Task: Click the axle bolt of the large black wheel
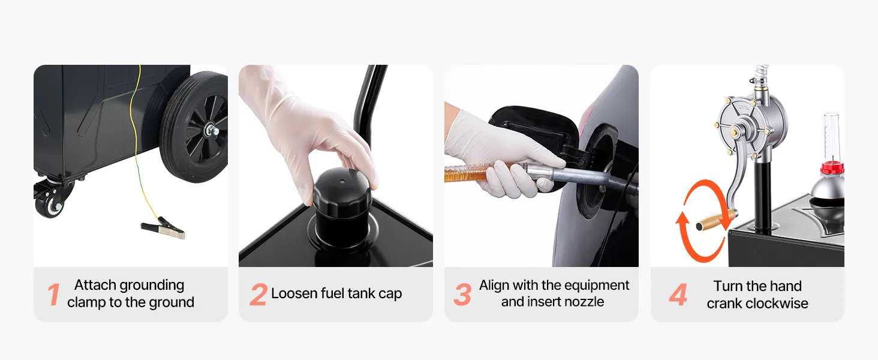click(x=212, y=130)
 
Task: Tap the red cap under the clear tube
click(x=832, y=169)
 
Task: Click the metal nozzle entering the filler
click(x=572, y=176)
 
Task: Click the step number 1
click(x=53, y=294)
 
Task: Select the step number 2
click(x=258, y=294)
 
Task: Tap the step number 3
click(x=462, y=294)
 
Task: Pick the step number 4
click(x=678, y=294)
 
